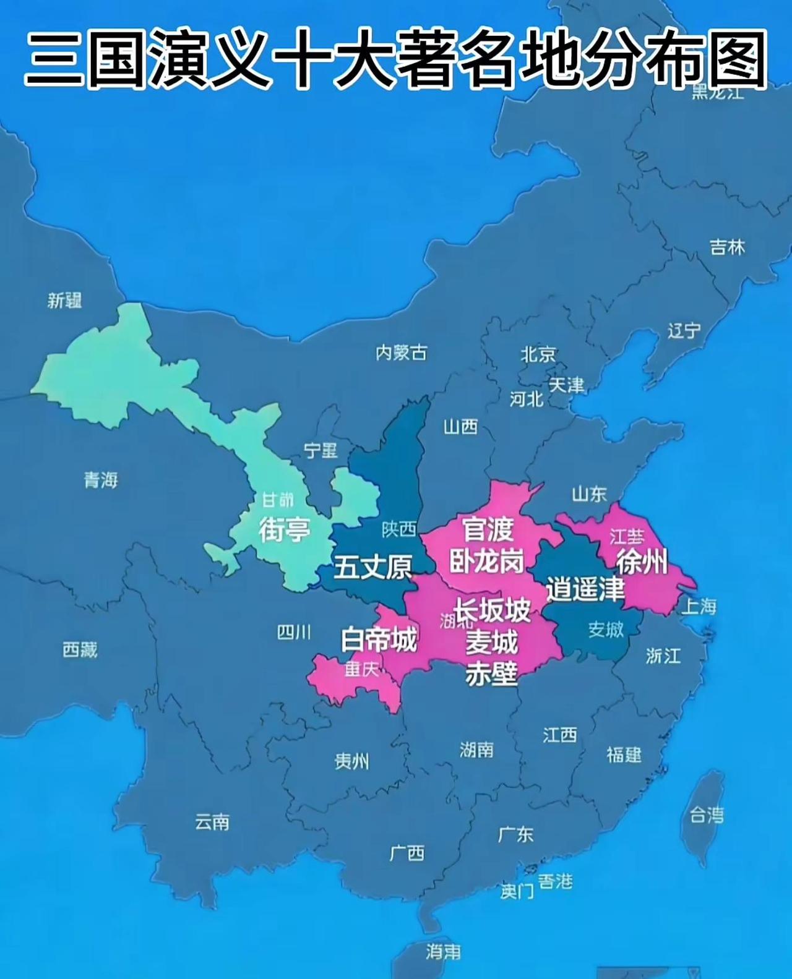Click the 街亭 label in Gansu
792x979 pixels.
tap(284, 530)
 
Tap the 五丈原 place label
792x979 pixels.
tap(372, 566)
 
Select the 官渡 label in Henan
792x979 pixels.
tap(488, 529)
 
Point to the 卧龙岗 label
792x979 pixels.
tap(486, 561)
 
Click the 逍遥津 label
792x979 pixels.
tap(585, 589)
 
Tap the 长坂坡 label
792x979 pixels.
tap(493, 610)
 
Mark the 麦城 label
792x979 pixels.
tap(491, 643)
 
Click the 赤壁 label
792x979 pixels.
tap(491, 673)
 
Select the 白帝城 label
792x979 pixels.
tap(379, 639)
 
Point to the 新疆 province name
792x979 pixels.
tap(65, 301)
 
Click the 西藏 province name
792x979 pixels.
tap(80, 649)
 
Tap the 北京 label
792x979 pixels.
tap(538, 354)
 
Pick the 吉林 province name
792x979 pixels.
tap(727, 247)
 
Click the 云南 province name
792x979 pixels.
tap(212, 822)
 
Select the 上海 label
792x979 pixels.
tap(699, 606)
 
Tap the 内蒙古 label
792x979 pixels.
tap(401, 353)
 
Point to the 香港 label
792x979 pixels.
tap(555, 881)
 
